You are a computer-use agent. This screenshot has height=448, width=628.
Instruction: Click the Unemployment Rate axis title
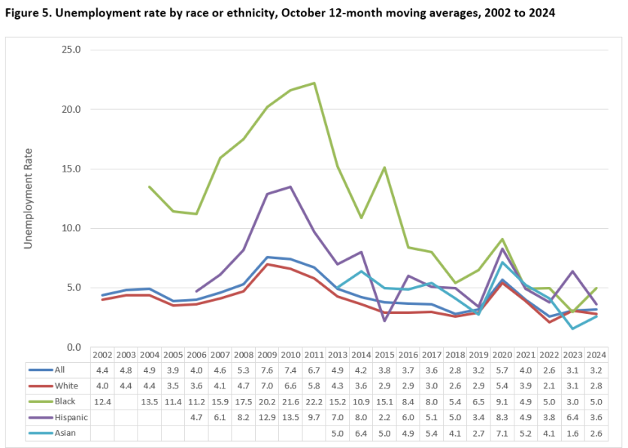[x=29, y=198]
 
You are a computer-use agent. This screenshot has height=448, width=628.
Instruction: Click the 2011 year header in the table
[x=314, y=355]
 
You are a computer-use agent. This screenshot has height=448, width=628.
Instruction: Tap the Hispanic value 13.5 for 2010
[x=290, y=415]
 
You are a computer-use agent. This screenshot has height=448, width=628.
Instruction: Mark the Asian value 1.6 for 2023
[x=572, y=430]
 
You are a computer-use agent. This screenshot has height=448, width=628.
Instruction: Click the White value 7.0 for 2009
[x=267, y=385]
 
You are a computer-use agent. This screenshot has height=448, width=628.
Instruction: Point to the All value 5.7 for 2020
[x=502, y=370]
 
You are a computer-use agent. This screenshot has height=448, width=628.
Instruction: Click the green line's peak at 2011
[x=314, y=83]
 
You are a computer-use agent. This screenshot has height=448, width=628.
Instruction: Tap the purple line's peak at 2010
[x=290, y=187]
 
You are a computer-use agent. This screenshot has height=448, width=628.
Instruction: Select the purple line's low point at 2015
[x=384, y=321]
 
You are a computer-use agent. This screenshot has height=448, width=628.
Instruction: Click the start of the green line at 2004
[x=149, y=187]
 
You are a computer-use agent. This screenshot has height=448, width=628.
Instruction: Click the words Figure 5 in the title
[x=26, y=14]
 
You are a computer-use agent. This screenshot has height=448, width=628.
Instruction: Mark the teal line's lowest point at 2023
[x=572, y=328]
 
